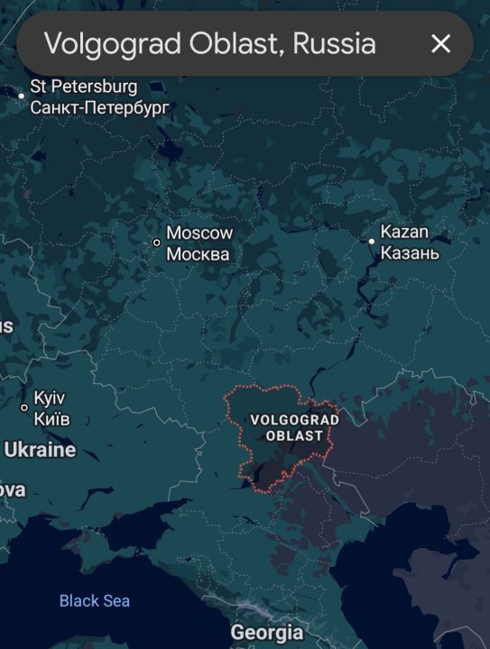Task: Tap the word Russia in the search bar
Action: tap(333, 43)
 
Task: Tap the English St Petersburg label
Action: tap(83, 87)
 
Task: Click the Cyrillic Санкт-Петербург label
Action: tap(99, 107)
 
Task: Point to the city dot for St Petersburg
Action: tap(22, 95)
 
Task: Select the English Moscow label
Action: tap(199, 233)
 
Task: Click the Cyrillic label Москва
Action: tap(198, 254)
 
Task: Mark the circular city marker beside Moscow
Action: tap(156, 242)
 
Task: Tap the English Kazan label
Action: tap(404, 232)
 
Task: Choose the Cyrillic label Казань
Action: tap(410, 252)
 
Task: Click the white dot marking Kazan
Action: tap(372, 242)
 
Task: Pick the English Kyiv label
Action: tap(50, 398)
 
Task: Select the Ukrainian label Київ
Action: tap(51, 418)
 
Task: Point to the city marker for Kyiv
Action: tap(24, 407)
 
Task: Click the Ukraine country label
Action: tap(41, 449)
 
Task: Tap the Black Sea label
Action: tap(95, 600)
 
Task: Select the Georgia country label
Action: tap(267, 632)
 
